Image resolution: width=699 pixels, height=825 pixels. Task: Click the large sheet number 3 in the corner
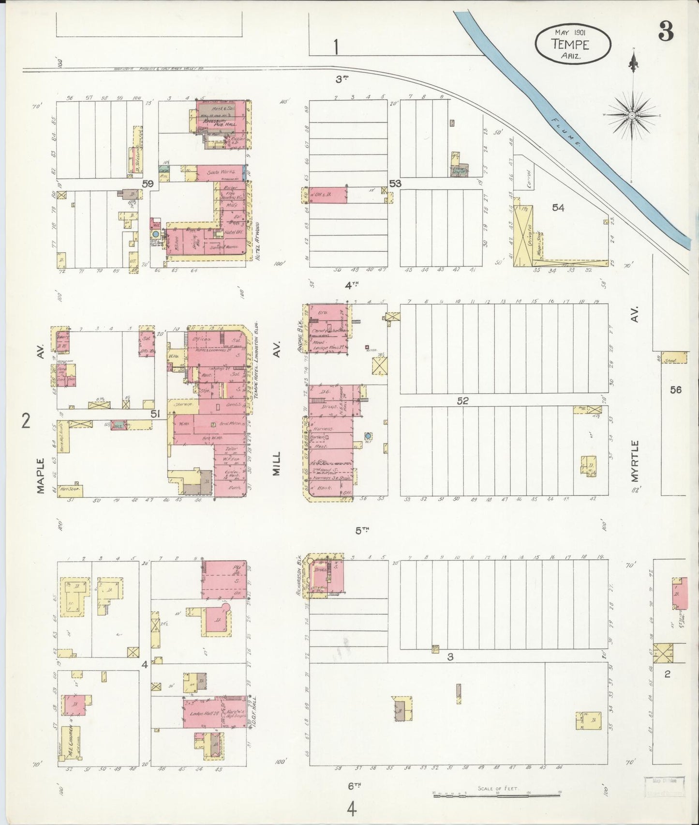pos(666,32)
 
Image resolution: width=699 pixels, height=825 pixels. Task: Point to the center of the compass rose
pos(632,115)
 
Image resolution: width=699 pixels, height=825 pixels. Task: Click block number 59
pos(148,184)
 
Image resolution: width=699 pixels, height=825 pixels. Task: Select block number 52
pos(463,400)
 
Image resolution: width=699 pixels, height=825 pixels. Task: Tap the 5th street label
pos(362,530)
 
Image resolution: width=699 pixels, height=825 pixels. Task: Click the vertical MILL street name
pos(277,463)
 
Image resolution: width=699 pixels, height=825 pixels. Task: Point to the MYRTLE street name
pos(635,460)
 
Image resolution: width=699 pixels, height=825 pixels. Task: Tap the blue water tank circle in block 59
pos(156,233)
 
